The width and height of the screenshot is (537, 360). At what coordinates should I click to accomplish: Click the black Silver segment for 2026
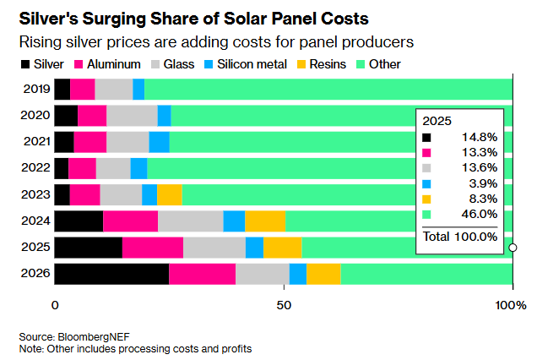[111, 274]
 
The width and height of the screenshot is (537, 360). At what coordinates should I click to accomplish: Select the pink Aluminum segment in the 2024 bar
[131, 221]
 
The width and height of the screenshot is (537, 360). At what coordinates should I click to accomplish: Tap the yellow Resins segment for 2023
[170, 194]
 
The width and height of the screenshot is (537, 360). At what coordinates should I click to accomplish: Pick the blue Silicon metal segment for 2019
[138, 89]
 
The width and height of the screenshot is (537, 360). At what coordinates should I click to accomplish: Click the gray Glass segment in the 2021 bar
[127, 142]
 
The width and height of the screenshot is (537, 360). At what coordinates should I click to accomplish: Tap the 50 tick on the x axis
[284, 304]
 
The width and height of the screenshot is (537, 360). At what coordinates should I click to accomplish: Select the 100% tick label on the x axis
[513, 304]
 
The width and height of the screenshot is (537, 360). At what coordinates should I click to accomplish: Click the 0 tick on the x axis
[56, 304]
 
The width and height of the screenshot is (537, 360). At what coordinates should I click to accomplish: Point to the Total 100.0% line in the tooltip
[460, 237]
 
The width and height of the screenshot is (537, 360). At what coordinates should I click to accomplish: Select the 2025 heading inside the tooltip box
[437, 120]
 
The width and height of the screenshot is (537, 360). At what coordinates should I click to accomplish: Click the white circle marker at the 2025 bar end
[513, 248]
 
